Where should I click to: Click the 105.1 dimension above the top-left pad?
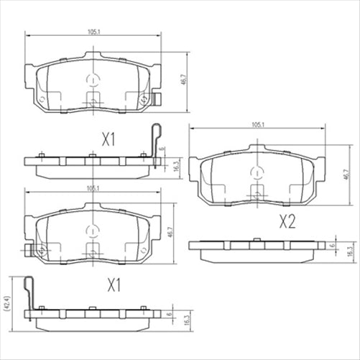coord(93,32)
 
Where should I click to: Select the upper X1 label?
coord(109,139)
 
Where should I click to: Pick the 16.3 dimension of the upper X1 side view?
coord(175,166)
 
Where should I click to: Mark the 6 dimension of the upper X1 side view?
coord(165,149)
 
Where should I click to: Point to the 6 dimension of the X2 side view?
coord(332,245)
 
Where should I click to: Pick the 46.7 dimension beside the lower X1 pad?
coord(170,234)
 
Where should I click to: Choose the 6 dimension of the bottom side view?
coord(169,314)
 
